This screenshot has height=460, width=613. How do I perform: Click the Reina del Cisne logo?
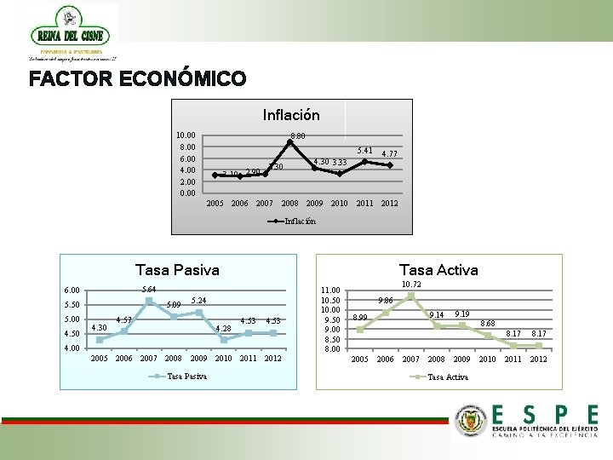tap(73, 32)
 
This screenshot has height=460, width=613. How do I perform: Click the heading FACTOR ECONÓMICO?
tap(137, 80)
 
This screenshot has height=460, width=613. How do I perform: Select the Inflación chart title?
tap(291, 114)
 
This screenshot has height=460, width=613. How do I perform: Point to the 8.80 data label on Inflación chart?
tap(298, 135)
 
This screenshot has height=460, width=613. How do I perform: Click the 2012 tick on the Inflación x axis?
tap(389, 204)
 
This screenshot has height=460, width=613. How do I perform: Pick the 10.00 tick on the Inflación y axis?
tap(185, 135)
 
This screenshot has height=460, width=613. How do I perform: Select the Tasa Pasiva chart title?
tap(177, 270)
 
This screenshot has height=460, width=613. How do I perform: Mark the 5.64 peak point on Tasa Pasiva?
tap(149, 301)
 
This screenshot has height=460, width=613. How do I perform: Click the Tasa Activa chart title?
tap(438, 270)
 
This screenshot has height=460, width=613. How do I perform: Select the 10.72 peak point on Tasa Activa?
tap(411, 296)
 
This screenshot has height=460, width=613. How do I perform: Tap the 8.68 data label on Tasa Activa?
tap(489, 324)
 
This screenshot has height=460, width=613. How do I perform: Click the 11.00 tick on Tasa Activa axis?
tap(329, 290)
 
